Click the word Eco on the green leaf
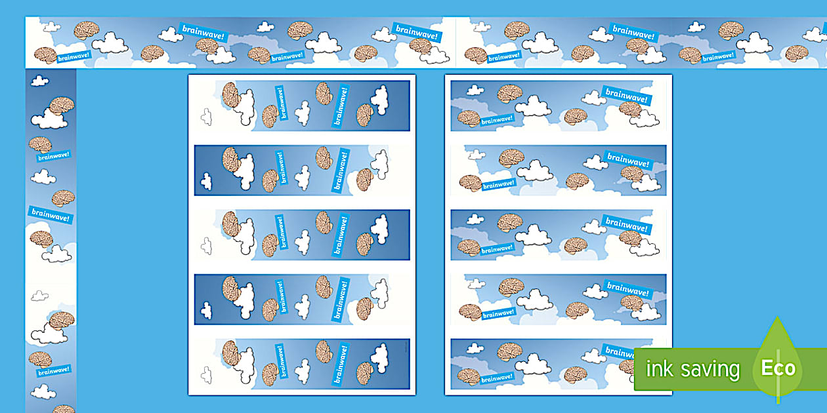(778, 368)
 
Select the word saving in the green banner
(710, 370)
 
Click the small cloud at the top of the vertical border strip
(39, 81)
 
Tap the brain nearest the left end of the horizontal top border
(45, 55)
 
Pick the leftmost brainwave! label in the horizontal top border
(74, 56)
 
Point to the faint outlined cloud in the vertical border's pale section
(39, 296)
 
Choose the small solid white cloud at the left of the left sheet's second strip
(206, 181)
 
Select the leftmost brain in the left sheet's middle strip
(230, 224)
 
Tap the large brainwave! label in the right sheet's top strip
(626, 96)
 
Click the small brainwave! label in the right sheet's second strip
(498, 184)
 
